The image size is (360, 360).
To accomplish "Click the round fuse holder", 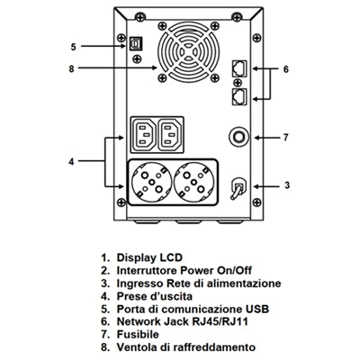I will click(238, 137).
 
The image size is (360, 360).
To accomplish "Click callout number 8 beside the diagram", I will click(73, 67).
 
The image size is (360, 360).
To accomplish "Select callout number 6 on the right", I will click(287, 68).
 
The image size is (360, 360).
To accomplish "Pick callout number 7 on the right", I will click(287, 138).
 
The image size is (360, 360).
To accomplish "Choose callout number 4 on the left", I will click(73, 161).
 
